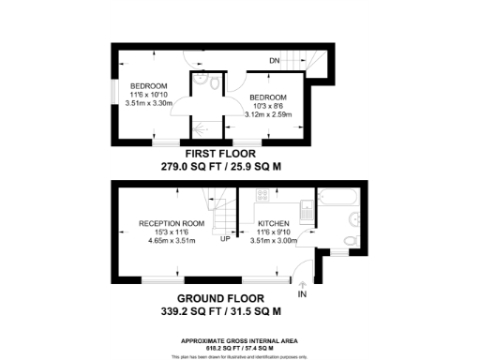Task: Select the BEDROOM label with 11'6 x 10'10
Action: (x=148, y=86)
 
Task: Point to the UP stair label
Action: (x=226, y=238)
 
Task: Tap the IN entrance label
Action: (x=302, y=293)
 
